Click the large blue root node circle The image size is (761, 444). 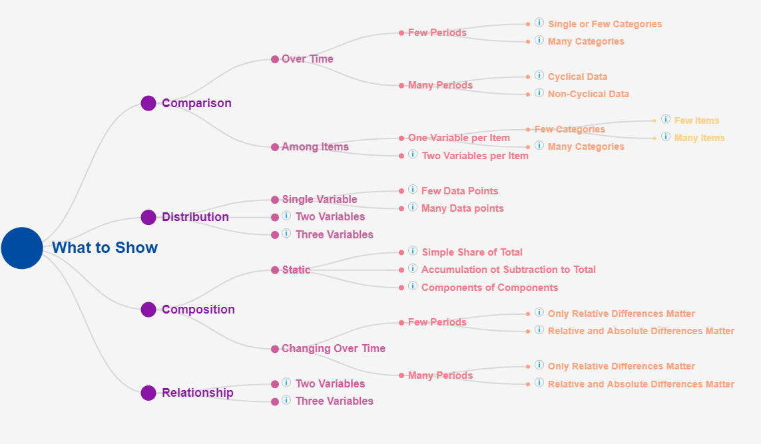[x=22, y=248]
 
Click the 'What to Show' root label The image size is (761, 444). [x=105, y=248]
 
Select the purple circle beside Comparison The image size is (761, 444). [x=148, y=103]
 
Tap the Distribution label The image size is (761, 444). [x=195, y=217]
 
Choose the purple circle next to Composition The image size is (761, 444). [x=148, y=310]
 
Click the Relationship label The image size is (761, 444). [x=198, y=393]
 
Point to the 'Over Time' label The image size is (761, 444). [x=307, y=59]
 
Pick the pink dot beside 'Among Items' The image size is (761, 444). [x=275, y=147]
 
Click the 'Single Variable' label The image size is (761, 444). [x=320, y=200]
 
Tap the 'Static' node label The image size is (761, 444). [x=296, y=270]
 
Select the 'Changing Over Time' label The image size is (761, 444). [x=334, y=348]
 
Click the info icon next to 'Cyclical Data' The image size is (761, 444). [x=539, y=75]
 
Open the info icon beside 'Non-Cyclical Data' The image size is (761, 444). [x=539, y=93]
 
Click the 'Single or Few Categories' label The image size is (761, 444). [x=605, y=24]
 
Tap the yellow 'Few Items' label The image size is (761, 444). [x=696, y=121]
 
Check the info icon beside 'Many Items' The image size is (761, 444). [x=666, y=137]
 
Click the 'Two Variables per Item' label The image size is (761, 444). [x=475, y=156]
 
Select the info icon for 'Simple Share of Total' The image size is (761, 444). [x=413, y=251]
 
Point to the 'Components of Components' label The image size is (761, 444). [x=490, y=288]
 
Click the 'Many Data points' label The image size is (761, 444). [x=463, y=208]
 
